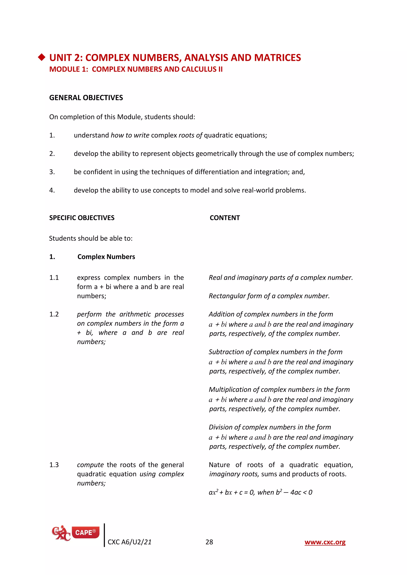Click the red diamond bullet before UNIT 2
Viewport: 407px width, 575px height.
42,57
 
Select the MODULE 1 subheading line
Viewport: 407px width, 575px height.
136,69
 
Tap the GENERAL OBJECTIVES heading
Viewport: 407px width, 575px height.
86,98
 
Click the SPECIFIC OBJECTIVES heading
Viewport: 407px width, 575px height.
82,218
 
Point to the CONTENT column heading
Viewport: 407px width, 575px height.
225,218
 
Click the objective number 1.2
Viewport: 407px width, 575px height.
54,314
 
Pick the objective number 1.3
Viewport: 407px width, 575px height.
54,465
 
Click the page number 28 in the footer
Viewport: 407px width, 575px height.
209,542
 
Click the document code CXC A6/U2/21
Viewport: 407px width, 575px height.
130,542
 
